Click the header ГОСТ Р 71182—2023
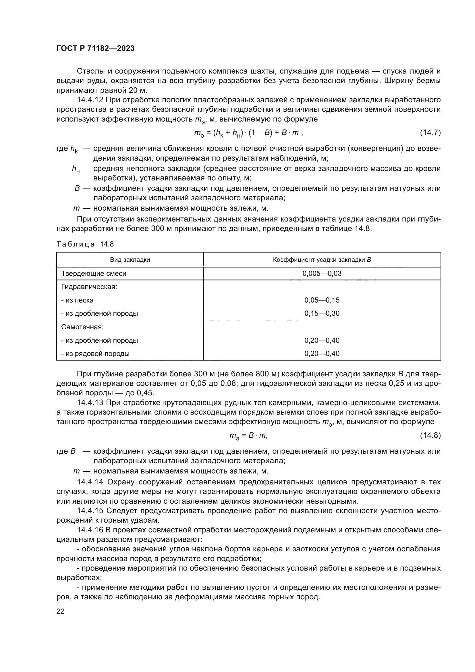point(95,48)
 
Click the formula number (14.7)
point(430,132)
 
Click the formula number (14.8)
point(430,435)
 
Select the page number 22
point(61,611)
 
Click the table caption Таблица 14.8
point(85,244)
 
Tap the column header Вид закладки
point(130,260)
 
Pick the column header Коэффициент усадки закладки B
point(322,260)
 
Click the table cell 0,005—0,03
point(322,274)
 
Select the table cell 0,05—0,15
point(322,300)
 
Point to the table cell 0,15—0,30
point(322,313)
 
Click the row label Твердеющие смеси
point(94,274)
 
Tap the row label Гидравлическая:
point(89,287)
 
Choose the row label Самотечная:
point(82,327)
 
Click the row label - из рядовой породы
point(95,354)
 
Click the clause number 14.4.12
point(90,100)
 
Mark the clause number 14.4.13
point(90,403)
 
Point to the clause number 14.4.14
point(90,482)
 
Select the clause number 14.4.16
point(90,530)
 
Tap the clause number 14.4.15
point(90,511)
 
